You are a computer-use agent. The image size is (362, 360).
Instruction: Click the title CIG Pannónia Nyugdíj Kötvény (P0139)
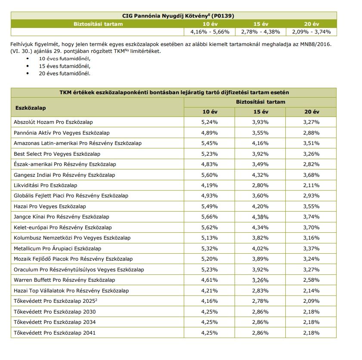[x=173, y=16]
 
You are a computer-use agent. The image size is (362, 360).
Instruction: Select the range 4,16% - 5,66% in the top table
[x=210, y=32]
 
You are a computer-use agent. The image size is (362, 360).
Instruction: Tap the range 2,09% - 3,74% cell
[x=311, y=32]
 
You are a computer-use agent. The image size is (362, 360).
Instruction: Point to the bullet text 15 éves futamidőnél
[x=65, y=66]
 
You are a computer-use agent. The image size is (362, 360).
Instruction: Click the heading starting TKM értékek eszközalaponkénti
[x=173, y=92]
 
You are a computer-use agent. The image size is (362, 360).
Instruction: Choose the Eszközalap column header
[x=31, y=108]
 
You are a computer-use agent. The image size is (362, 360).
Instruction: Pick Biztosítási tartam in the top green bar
[x=98, y=24]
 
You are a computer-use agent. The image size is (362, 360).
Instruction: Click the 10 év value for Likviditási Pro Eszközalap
[x=210, y=185]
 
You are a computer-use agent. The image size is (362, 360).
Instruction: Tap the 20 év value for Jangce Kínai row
[x=311, y=217]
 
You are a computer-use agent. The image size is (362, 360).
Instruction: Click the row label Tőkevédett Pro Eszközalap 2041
[x=55, y=332]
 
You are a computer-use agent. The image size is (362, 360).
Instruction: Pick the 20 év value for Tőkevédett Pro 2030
[x=311, y=311]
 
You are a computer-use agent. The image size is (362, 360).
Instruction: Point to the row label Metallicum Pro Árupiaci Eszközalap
[x=57, y=248]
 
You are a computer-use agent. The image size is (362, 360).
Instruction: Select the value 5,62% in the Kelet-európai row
[x=210, y=227]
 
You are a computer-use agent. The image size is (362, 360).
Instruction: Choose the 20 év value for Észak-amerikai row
[x=311, y=164]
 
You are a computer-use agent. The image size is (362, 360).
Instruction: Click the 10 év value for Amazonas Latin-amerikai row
[x=210, y=143]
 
